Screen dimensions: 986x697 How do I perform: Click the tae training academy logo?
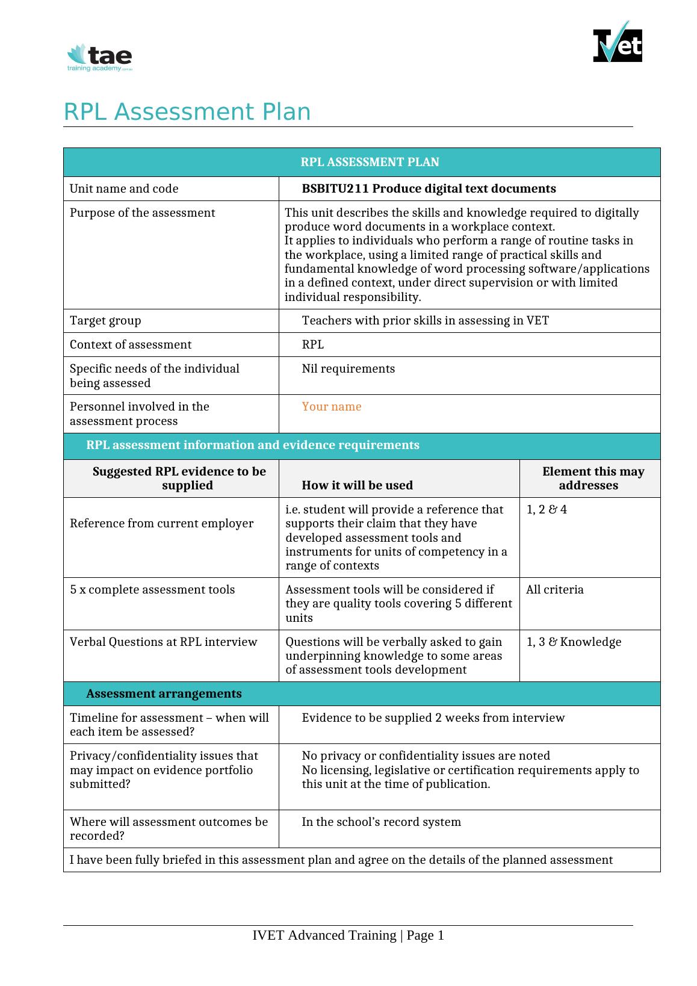100,58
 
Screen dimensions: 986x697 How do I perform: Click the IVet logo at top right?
617,43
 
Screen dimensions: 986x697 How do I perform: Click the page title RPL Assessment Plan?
187,112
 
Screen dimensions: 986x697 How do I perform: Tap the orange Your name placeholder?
331,407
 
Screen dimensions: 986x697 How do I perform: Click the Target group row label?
105,321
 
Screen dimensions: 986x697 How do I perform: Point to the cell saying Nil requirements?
348,369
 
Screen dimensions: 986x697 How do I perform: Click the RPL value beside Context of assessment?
312,345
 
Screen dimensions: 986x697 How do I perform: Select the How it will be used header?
357,485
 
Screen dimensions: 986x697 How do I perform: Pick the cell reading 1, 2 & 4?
547,510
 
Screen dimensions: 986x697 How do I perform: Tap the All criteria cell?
554,590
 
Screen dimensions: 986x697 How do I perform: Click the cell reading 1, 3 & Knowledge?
574,642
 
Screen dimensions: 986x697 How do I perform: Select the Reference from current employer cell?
161,524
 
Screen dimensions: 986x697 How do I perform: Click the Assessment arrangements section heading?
164,694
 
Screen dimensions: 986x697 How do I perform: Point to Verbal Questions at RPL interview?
163,642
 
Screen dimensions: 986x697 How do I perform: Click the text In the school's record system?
381,822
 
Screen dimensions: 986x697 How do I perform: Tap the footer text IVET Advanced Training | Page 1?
348,935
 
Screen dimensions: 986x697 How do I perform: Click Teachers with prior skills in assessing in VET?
425,321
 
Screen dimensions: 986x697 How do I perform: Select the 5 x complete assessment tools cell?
152,590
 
